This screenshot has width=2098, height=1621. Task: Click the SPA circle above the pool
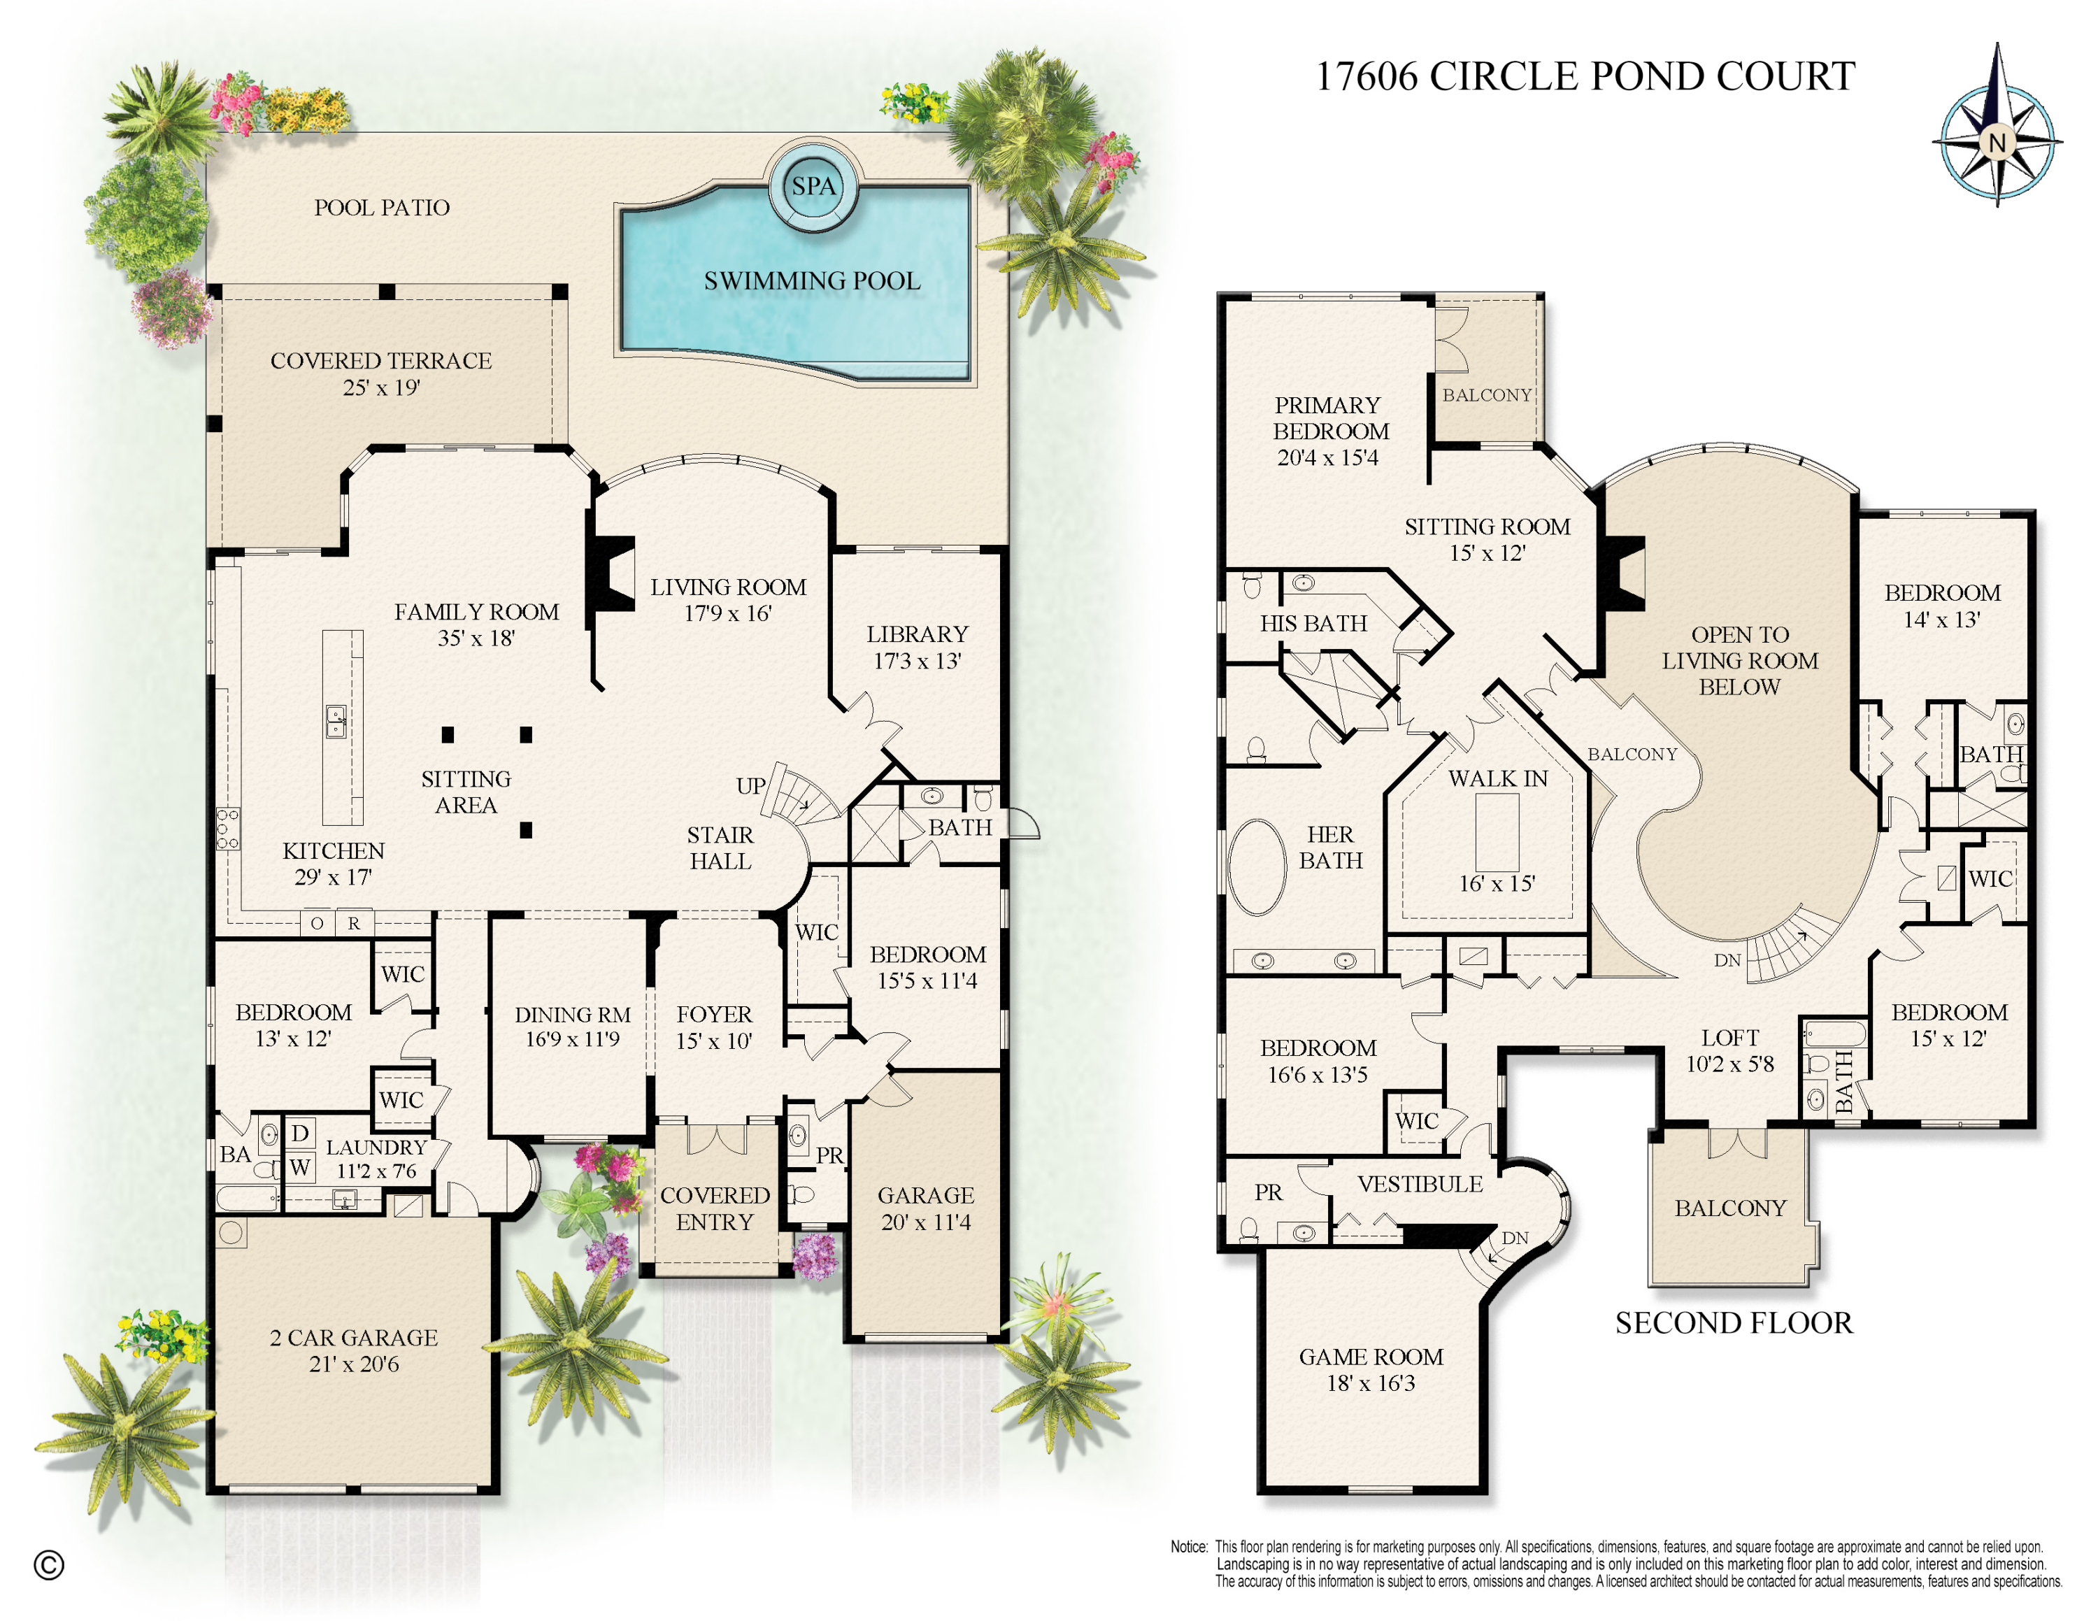[x=813, y=186]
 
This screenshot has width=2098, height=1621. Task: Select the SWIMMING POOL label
[x=812, y=280]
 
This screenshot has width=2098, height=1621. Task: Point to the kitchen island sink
[x=335, y=721]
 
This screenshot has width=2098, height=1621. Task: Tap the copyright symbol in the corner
[x=49, y=1565]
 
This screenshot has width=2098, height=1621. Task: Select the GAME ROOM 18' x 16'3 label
[x=1371, y=1369]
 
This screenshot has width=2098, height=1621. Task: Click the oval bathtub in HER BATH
[x=1257, y=866]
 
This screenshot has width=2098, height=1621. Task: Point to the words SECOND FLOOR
[x=1733, y=1323]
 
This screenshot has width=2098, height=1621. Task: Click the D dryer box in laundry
[x=300, y=1133]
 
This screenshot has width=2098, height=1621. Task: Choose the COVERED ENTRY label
[x=715, y=1208]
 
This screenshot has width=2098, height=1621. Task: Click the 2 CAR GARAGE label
[x=353, y=1350]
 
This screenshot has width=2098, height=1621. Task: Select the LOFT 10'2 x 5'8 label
[x=1730, y=1050]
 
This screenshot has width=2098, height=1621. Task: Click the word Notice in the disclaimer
[x=1188, y=1547]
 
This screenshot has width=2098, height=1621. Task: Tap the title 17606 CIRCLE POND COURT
[x=1585, y=77]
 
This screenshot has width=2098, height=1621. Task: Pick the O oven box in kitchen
[x=316, y=924]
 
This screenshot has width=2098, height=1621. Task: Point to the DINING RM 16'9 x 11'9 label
[x=573, y=1027]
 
